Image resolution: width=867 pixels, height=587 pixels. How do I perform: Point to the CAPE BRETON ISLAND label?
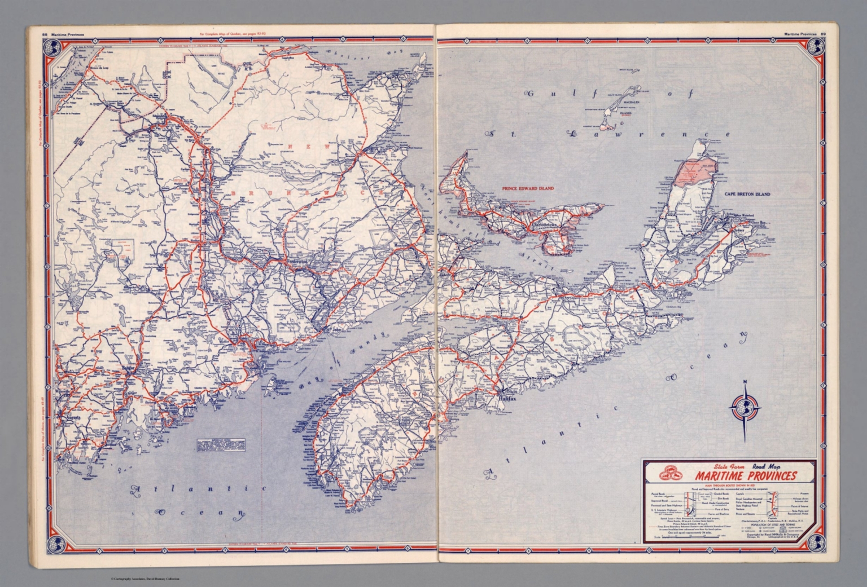(x=747, y=194)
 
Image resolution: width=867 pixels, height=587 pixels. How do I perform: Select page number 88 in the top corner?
(x=44, y=34)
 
